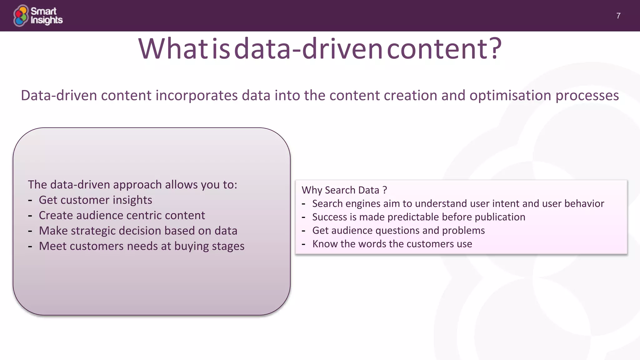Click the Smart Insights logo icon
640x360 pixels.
click(x=21, y=16)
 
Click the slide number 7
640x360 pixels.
click(x=618, y=16)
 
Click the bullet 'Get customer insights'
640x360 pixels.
click(x=95, y=200)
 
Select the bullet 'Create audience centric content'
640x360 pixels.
click(x=122, y=215)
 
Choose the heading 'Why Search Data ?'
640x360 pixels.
click(x=344, y=190)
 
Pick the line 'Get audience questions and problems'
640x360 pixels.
click(x=398, y=230)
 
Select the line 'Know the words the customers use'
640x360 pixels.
click(x=392, y=244)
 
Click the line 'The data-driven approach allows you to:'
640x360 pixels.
click(x=132, y=185)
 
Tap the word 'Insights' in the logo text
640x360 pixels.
click(x=47, y=20)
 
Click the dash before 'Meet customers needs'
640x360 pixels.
click(x=30, y=247)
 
